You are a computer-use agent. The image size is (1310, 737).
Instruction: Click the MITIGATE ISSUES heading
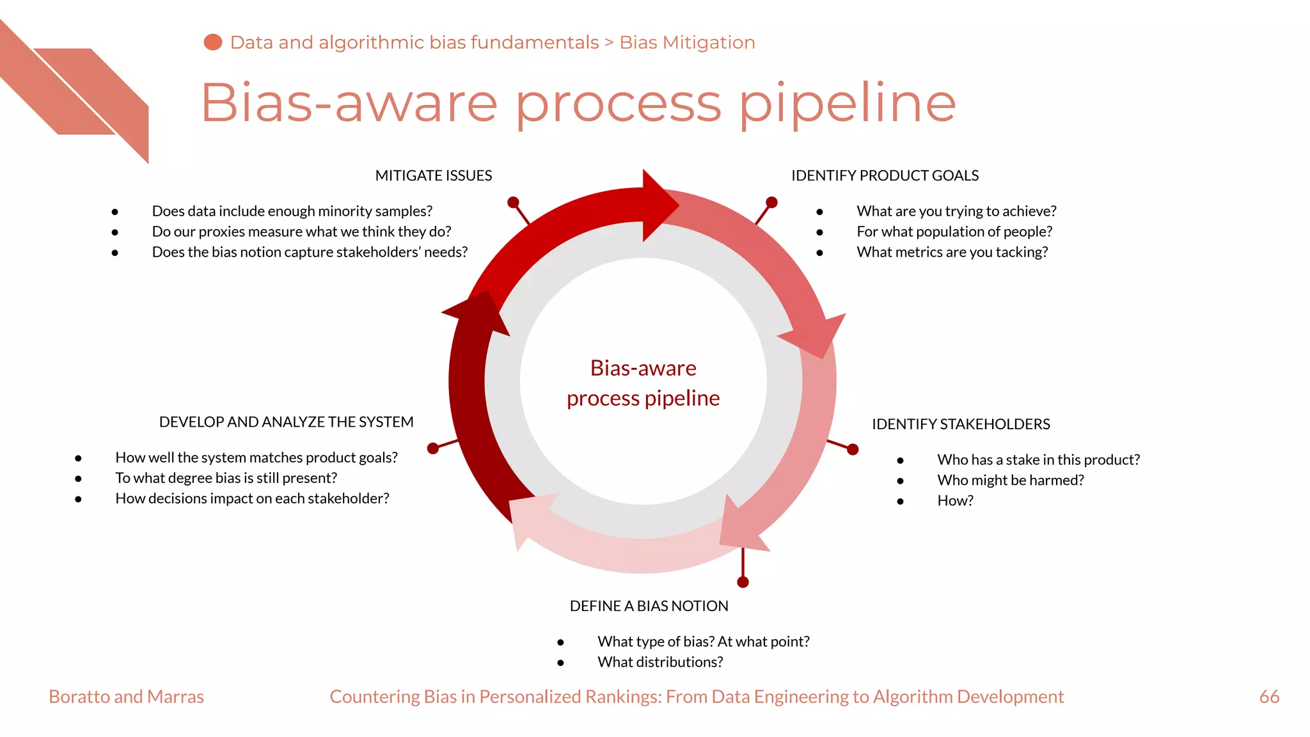(x=433, y=175)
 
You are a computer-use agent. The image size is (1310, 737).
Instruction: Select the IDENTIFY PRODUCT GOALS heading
(x=885, y=175)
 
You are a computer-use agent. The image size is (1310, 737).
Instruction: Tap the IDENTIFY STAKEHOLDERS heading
(x=961, y=424)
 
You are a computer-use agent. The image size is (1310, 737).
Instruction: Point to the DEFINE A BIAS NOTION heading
(x=649, y=606)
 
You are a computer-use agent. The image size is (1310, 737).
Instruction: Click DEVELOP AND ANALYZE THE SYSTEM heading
(x=286, y=422)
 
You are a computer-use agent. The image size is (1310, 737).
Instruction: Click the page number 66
(x=1269, y=697)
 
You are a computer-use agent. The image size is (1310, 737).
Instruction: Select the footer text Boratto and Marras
(x=126, y=697)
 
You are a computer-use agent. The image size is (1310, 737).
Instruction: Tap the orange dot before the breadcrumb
(x=213, y=42)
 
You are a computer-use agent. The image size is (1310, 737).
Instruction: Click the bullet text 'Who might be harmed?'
(x=1010, y=480)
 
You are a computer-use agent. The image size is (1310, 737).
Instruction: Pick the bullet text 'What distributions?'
(x=660, y=662)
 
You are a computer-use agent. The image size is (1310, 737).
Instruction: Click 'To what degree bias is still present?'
(x=226, y=478)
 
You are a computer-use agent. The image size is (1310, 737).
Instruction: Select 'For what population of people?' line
(x=954, y=232)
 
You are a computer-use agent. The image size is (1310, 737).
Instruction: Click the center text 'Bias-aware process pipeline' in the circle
(x=643, y=383)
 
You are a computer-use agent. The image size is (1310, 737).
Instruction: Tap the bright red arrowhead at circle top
(x=659, y=205)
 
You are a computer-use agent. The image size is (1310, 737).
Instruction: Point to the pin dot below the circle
(x=743, y=582)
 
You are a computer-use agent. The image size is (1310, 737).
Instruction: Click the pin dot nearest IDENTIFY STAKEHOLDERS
(x=853, y=450)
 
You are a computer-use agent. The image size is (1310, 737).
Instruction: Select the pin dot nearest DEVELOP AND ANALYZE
(x=433, y=448)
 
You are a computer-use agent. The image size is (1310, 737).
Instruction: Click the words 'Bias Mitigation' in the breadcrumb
(x=687, y=42)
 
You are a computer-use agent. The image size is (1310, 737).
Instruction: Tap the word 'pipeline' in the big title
(x=847, y=104)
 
